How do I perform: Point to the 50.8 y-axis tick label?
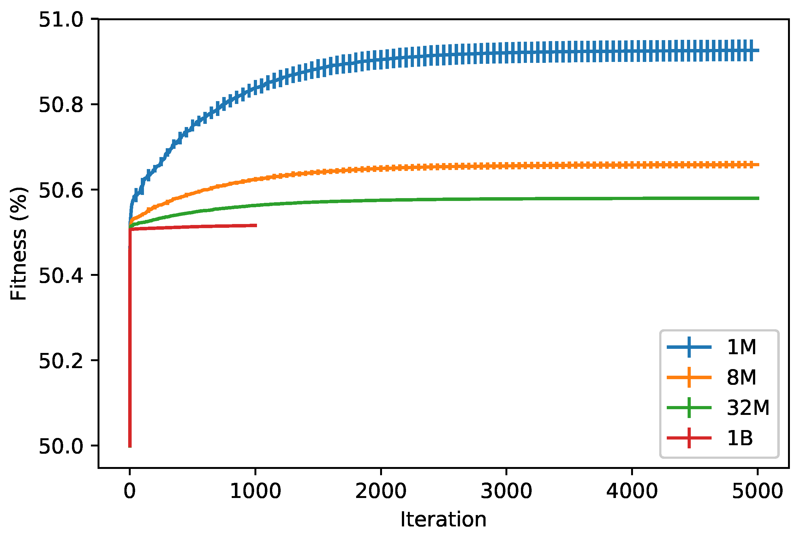pos(61,105)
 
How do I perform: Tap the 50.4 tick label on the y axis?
pos(61,276)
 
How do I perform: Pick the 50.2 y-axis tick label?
pos(61,361)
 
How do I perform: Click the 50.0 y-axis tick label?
pos(61,446)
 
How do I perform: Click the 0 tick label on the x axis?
pos(130,491)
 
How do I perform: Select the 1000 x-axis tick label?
pos(255,491)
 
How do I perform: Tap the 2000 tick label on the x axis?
pos(381,491)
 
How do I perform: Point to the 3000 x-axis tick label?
pos(506,491)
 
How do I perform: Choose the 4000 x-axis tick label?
pos(632,491)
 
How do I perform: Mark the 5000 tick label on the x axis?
pos(757,491)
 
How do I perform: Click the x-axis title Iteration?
pos(443,520)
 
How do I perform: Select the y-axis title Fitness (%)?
pos(18,244)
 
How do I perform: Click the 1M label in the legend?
pos(742,347)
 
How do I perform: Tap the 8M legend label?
pos(742,377)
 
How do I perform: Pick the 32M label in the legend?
pos(748,407)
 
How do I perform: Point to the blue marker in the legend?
pos(689,347)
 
